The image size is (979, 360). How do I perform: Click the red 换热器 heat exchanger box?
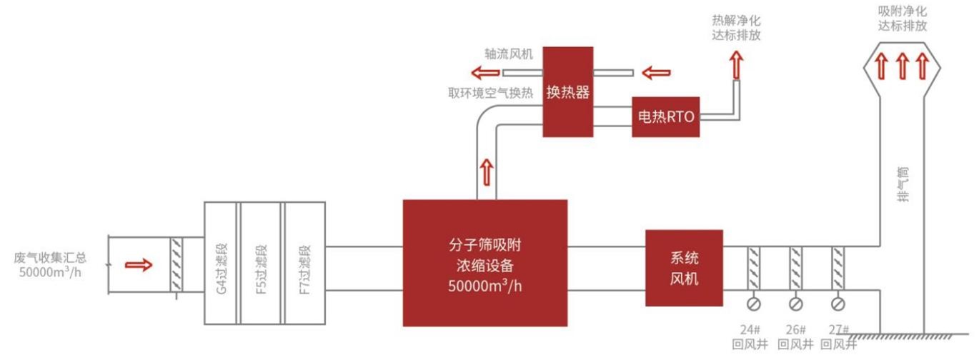click(x=568, y=92)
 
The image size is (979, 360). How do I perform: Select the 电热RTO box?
click(x=665, y=116)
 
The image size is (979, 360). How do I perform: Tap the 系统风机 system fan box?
click(x=684, y=268)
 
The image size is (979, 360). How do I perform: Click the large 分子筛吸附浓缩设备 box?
click(x=484, y=263)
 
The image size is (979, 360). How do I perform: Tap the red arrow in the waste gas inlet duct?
click(x=139, y=265)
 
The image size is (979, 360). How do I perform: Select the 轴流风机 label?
click(x=508, y=54)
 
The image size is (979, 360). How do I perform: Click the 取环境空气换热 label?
click(x=490, y=93)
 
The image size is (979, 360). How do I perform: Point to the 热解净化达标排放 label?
click(x=736, y=28)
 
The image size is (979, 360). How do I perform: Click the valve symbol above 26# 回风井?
click(x=795, y=304)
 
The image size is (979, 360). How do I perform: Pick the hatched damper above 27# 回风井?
click(x=838, y=268)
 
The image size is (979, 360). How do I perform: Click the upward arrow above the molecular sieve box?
click(x=487, y=171)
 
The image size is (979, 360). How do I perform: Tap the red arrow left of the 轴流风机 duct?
click(x=485, y=72)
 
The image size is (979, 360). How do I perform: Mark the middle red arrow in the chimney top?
click(x=902, y=66)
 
